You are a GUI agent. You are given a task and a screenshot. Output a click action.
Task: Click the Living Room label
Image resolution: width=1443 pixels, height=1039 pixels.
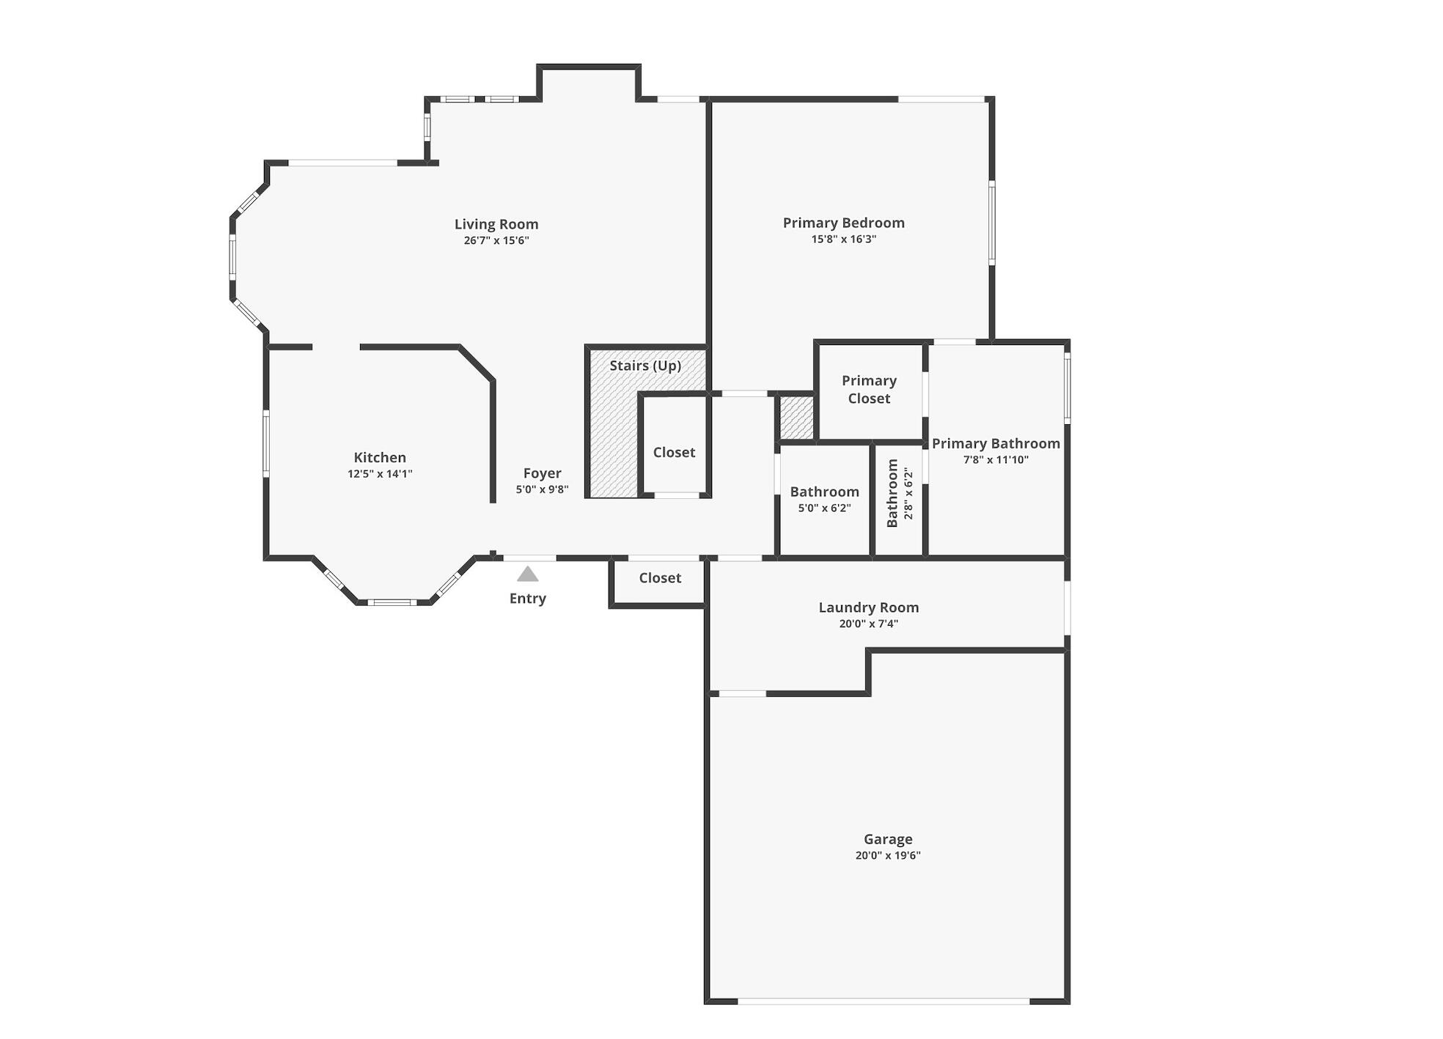tap(496, 224)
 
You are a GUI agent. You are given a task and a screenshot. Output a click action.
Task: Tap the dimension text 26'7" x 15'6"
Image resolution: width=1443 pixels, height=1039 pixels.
tap(496, 240)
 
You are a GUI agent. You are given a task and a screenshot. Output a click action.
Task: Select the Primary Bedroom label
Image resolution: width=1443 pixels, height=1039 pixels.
tap(843, 223)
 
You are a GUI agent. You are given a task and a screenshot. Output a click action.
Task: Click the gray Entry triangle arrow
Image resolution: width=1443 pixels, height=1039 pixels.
tap(527, 574)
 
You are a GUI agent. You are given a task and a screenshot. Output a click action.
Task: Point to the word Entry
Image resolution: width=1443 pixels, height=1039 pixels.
tap(527, 599)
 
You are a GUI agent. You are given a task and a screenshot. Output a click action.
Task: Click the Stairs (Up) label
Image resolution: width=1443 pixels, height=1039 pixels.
tap(645, 365)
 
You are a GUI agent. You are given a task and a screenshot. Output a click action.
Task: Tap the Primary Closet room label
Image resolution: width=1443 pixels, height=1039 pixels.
tap(869, 389)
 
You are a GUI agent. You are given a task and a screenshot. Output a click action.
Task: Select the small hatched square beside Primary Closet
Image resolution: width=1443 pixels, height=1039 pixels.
tap(796, 418)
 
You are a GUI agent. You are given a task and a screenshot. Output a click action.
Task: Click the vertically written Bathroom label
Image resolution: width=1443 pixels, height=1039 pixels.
tap(892, 492)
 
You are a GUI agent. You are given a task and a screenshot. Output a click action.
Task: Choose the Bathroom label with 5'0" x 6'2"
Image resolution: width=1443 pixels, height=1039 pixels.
tap(824, 492)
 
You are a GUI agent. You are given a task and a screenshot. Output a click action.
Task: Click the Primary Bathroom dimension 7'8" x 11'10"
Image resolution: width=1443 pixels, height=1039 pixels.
tap(996, 460)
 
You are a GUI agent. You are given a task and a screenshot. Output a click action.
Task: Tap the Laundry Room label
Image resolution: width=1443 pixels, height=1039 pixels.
tap(868, 607)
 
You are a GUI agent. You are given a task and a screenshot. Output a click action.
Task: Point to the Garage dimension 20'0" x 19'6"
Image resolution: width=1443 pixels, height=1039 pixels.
tap(887, 855)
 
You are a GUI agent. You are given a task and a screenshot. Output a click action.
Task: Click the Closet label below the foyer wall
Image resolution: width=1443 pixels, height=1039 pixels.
tap(660, 578)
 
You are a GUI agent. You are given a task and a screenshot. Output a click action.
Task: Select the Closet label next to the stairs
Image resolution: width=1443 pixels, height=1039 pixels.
tap(674, 452)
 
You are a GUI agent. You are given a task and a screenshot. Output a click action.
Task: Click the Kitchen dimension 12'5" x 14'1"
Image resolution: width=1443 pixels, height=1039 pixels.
tap(380, 474)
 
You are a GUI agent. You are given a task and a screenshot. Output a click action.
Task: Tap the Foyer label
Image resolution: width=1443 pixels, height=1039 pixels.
tap(542, 473)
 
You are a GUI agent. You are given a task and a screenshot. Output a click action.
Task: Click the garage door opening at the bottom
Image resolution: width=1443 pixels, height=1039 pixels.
tap(884, 1000)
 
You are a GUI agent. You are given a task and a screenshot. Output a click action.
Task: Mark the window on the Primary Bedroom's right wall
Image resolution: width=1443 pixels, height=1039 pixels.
tap(991, 223)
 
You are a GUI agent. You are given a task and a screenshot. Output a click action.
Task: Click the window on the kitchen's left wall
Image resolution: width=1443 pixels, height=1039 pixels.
tap(266, 443)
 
